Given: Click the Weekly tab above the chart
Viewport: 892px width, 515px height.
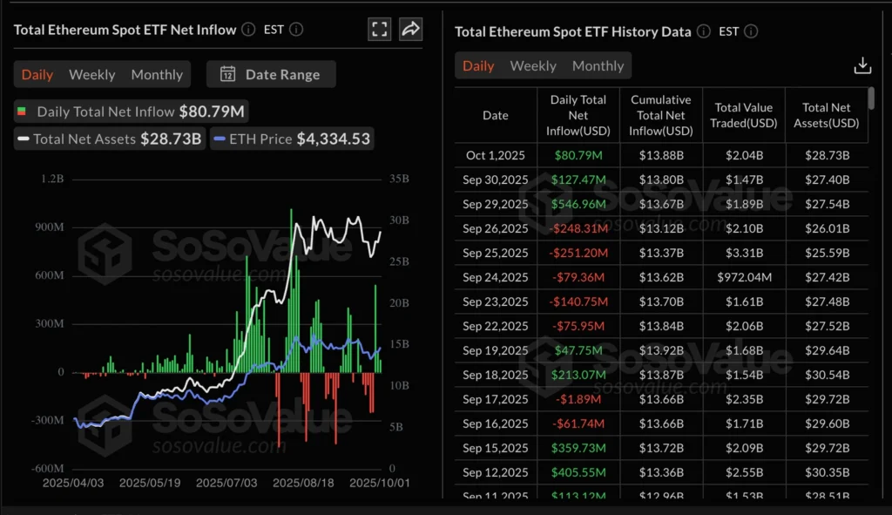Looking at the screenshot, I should click(x=91, y=75).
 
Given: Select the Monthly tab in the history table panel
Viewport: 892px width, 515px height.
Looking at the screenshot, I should click(x=598, y=66).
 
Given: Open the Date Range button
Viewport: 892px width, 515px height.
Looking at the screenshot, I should click(x=271, y=75).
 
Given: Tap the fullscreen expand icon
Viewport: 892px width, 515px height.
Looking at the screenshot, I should click(x=380, y=29).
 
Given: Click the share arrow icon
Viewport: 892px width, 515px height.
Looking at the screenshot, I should click(x=410, y=29).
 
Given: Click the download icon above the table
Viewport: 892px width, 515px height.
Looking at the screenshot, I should click(x=862, y=66).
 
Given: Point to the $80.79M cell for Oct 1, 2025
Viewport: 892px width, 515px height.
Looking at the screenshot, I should click(x=578, y=155).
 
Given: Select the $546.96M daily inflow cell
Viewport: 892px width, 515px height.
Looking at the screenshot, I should click(x=578, y=204).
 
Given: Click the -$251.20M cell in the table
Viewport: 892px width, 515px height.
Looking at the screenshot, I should click(x=578, y=253).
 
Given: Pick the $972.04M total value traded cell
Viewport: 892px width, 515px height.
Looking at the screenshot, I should click(x=743, y=277).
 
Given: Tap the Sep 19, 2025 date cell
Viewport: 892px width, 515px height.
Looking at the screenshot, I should click(x=495, y=350).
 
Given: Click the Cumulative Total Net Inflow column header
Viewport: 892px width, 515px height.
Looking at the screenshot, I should click(x=660, y=115).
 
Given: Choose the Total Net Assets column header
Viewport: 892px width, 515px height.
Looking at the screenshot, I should click(x=826, y=115).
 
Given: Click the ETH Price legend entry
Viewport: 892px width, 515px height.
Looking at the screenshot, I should click(x=292, y=139).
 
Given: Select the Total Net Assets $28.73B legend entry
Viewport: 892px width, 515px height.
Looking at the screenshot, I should click(x=109, y=139).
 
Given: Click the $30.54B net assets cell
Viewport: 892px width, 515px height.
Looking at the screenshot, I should click(x=826, y=375).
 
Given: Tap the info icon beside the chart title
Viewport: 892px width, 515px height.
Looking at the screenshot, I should click(x=248, y=30).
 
